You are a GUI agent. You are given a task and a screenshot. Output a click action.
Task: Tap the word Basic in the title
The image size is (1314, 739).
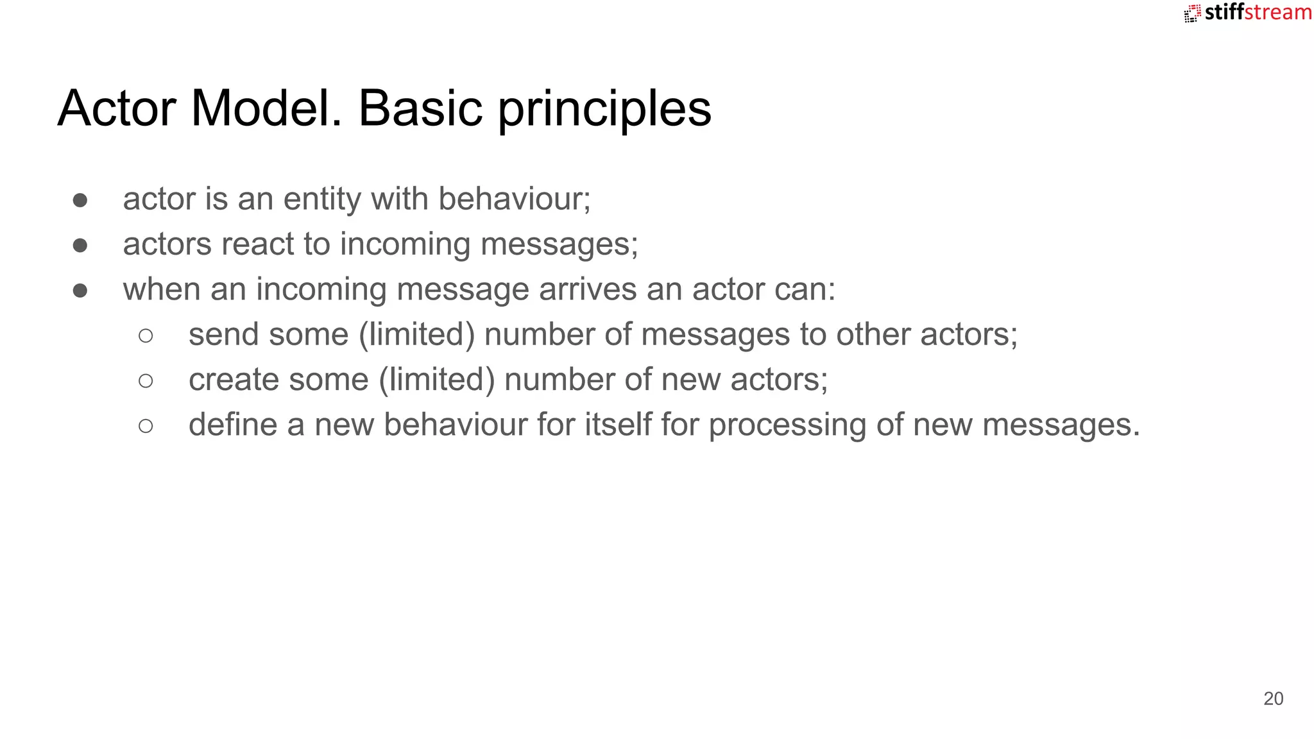click(420, 108)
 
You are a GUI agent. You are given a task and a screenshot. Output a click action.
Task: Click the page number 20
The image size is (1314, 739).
click(1273, 699)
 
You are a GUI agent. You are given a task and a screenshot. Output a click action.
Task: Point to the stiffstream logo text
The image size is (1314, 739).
click(1258, 12)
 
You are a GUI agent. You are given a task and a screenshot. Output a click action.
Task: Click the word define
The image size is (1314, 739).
click(233, 425)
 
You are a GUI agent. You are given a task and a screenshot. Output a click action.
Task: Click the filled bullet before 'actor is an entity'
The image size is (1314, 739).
click(80, 200)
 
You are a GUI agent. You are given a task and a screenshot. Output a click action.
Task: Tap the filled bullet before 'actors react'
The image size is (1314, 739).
click(80, 245)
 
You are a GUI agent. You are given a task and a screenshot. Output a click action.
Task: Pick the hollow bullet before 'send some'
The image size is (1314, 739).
click(146, 336)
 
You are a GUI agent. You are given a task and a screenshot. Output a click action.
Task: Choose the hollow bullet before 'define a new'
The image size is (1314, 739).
click(146, 426)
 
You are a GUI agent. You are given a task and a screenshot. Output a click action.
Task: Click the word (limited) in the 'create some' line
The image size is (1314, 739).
click(436, 380)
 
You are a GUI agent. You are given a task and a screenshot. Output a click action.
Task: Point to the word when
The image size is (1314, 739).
click(162, 289)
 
